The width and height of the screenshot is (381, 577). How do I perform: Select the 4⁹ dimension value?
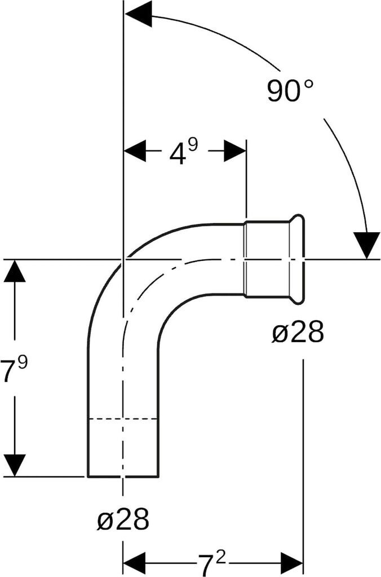(x=184, y=152)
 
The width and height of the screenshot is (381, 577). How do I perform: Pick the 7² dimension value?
(x=212, y=562)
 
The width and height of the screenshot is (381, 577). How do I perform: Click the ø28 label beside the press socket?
(x=298, y=334)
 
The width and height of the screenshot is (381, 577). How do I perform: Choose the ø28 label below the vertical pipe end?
(x=123, y=520)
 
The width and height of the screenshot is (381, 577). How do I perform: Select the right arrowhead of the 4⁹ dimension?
(x=235, y=152)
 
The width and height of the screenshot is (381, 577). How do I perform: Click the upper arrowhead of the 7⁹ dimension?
(x=15, y=271)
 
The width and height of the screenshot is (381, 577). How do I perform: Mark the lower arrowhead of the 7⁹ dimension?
(x=15, y=465)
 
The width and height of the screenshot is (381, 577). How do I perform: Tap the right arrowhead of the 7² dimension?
(x=292, y=562)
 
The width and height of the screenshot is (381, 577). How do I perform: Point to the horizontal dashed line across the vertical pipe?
(x=123, y=419)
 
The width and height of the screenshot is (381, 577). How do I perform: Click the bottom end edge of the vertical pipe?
(x=123, y=477)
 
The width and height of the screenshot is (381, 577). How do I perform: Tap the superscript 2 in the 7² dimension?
(x=221, y=556)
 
